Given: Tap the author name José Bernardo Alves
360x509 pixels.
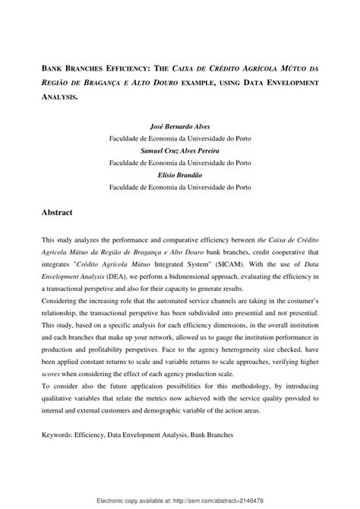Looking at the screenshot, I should click(180, 128).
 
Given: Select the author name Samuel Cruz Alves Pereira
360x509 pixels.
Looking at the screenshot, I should click(180, 151).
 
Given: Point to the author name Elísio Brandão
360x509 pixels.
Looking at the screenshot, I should click(180, 175).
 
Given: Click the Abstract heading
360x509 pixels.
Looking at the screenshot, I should click(60, 213).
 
